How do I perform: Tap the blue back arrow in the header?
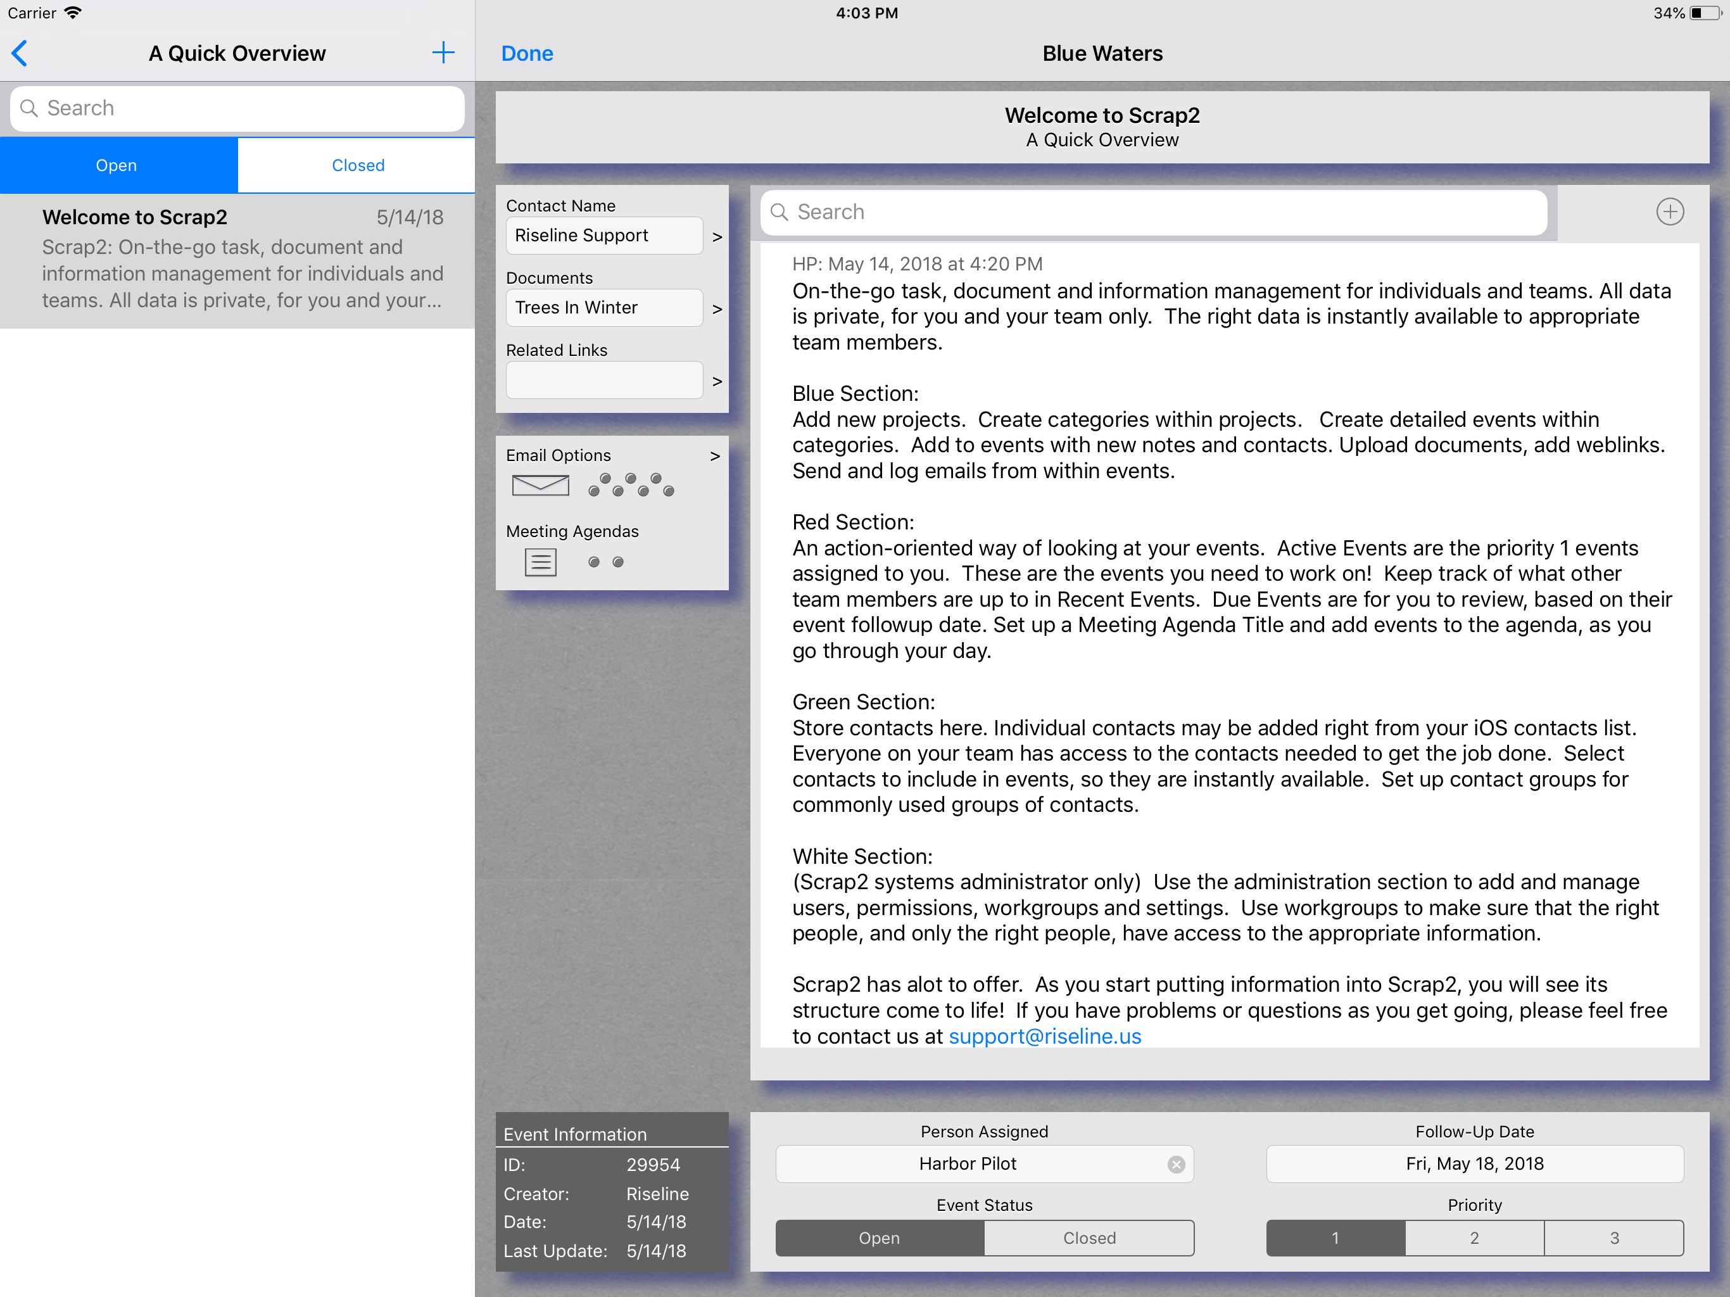click(20, 53)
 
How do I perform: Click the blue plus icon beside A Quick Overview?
click(443, 53)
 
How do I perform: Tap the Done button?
click(526, 53)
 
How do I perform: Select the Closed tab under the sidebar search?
click(357, 165)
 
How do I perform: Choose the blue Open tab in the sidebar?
click(117, 165)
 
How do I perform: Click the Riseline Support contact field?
click(603, 236)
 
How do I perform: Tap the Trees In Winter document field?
click(603, 307)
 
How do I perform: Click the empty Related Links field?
click(603, 380)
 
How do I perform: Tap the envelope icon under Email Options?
click(540, 485)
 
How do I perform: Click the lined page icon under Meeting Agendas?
click(540, 562)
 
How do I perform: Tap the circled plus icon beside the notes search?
click(1670, 212)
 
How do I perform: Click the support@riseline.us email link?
click(1045, 1037)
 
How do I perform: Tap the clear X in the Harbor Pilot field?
click(1175, 1164)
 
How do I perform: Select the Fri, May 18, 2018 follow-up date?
click(1474, 1164)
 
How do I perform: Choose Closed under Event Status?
click(1089, 1238)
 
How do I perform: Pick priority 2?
click(1474, 1238)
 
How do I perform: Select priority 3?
click(1614, 1238)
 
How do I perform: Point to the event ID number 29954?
click(653, 1165)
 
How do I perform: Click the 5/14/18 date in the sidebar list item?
click(410, 217)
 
